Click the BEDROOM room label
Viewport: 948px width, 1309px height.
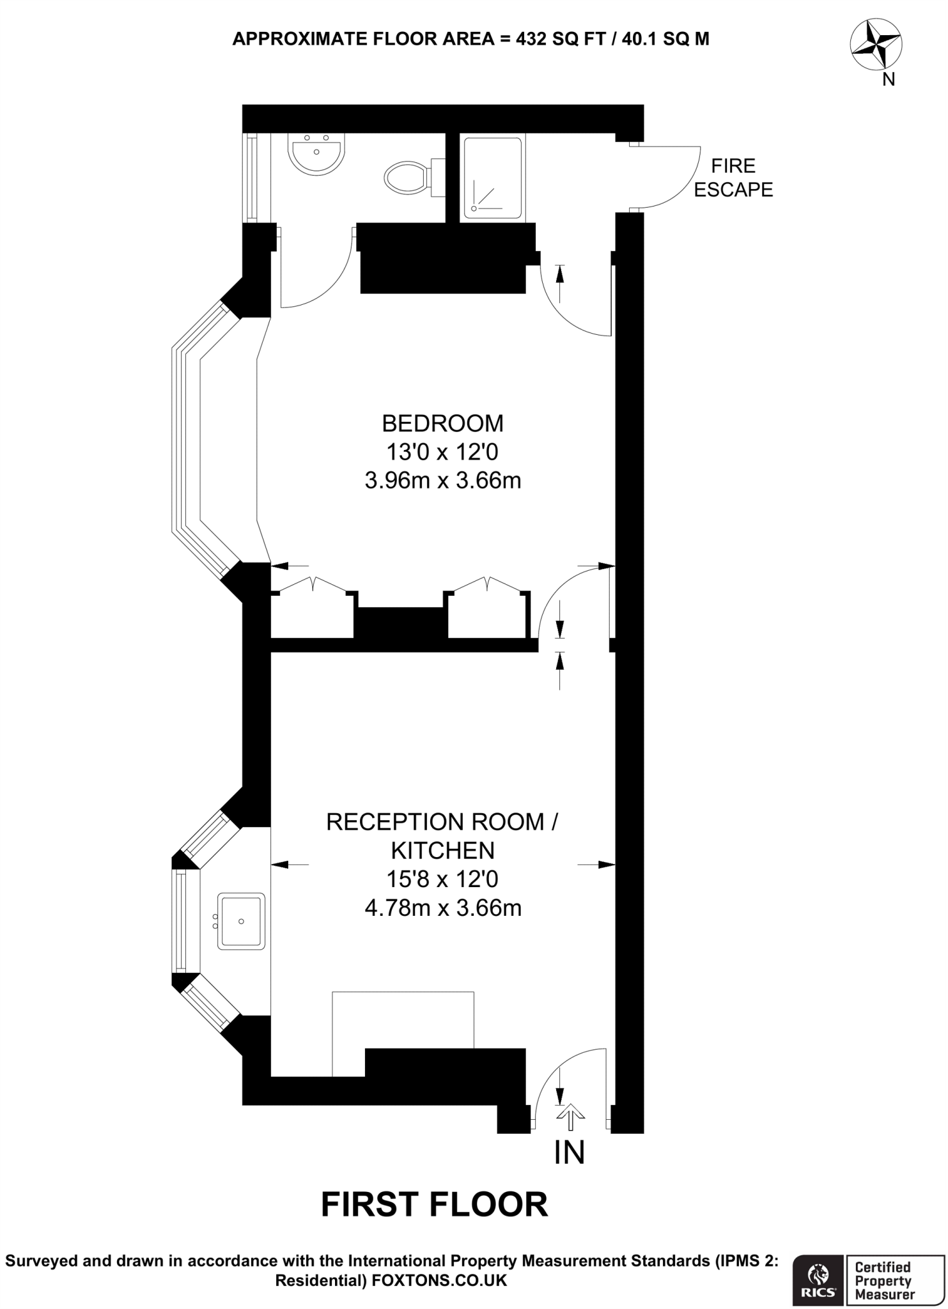click(442, 424)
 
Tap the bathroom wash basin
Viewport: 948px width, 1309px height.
click(316, 154)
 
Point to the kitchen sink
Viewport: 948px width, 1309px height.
click(241, 921)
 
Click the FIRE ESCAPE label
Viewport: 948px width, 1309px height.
click(733, 178)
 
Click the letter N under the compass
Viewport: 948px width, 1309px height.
click(888, 81)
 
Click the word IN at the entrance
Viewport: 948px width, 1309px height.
click(570, 1152)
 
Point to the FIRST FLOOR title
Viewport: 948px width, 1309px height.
click(435, 1204)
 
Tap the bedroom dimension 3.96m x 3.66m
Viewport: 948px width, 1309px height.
click(443, 481)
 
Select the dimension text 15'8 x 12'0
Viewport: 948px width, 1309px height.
click(442, 879)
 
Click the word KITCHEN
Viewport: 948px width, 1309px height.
click(443, 851)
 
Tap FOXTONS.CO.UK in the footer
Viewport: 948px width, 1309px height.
click(439, 1281)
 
